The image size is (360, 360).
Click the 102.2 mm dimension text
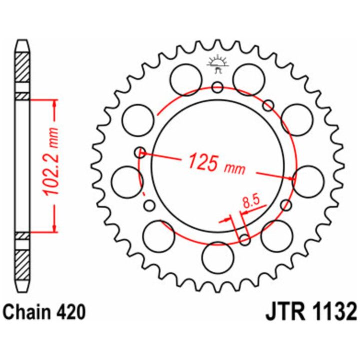point(51,161)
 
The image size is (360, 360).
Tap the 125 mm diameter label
point(216,163)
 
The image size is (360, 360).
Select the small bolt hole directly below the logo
point(218,87)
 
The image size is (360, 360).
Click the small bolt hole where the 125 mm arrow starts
point(140,152)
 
